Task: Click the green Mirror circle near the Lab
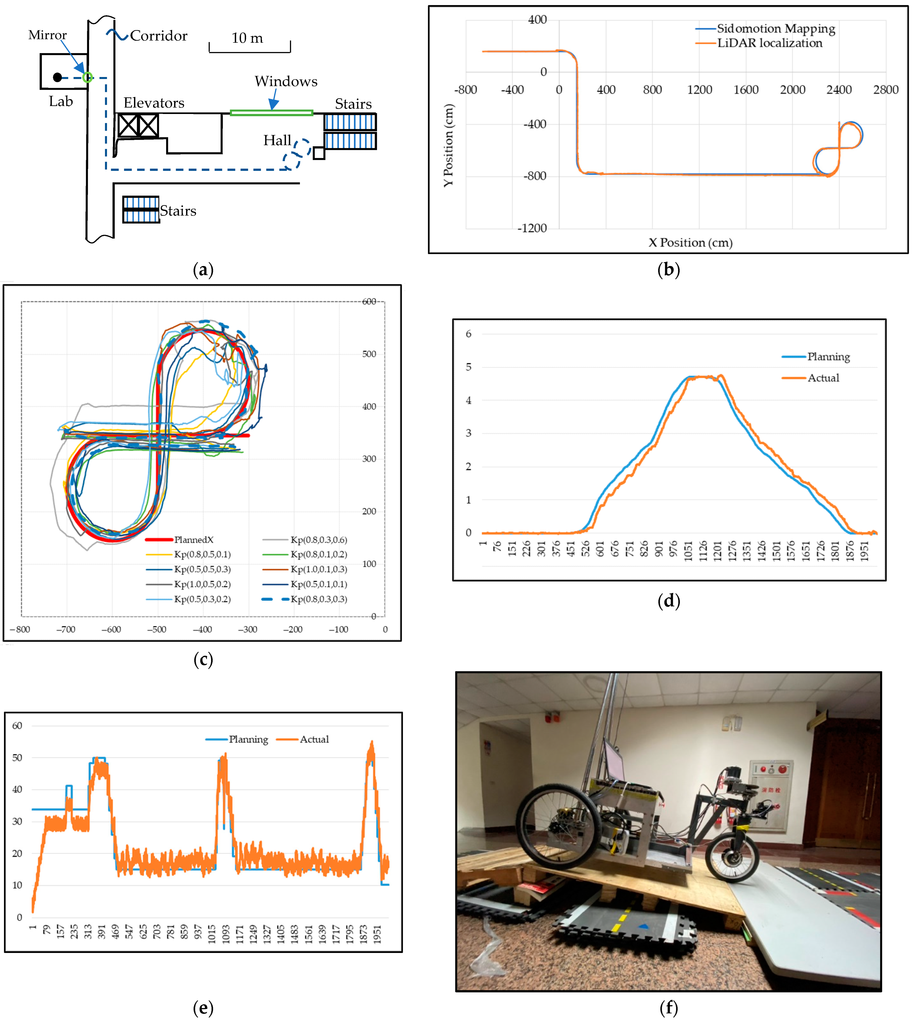point(87,77)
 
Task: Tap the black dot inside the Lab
point(57,77)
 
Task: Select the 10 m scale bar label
point(247,38)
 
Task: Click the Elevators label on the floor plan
point(154,103)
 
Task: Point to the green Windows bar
point(271,113)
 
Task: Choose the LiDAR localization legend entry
point(769,43)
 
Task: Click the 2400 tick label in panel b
point(839,90)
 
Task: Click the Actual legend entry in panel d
point(823,378)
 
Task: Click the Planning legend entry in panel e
point(248,739)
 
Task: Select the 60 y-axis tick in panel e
point(17,726)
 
